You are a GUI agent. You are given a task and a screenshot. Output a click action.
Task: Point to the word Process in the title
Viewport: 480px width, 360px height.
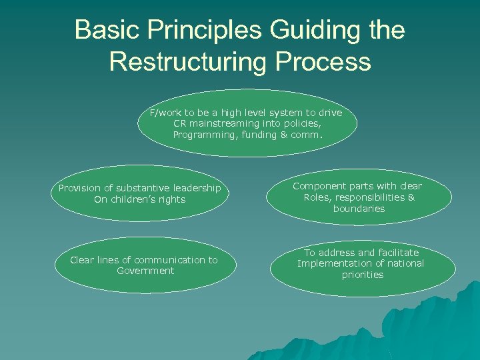328,61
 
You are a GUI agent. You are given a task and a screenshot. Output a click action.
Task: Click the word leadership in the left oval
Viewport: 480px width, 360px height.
196,188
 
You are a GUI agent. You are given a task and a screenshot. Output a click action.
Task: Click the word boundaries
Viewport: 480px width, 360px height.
359,209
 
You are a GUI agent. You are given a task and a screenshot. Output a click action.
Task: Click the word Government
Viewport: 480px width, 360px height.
145,271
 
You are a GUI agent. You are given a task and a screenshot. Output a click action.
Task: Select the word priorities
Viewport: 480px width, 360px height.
363,275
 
